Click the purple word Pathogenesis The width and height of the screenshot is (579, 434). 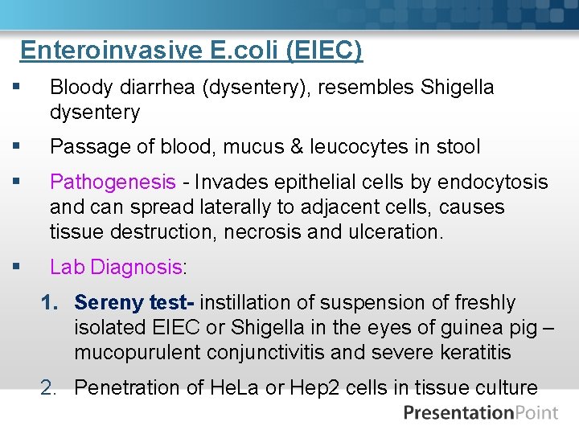click(112, 182)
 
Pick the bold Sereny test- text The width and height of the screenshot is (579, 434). click(135, 303)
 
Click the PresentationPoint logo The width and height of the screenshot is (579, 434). click(480, 413)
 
